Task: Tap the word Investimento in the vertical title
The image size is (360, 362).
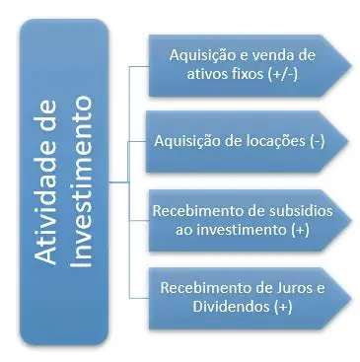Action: pos(83,183)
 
